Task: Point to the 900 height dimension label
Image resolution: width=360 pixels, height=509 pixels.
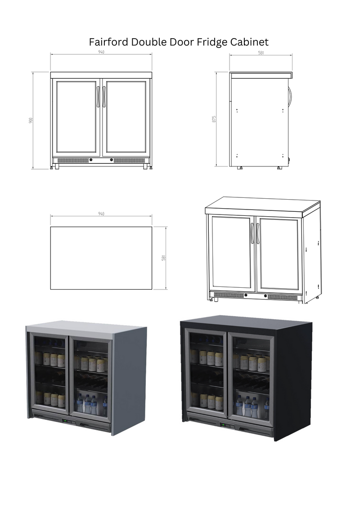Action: point(31,121)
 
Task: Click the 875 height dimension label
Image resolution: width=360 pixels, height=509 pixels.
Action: point(215,119)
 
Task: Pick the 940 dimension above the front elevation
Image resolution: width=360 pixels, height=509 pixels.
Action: point(101,52)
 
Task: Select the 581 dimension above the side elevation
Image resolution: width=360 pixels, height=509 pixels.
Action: point(261,53)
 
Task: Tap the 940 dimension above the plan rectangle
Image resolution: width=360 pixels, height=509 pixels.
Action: point(101,214)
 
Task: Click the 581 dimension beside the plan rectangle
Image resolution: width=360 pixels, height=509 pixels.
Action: point(164,258)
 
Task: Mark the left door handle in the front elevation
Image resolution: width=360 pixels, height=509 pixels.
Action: point(98,96)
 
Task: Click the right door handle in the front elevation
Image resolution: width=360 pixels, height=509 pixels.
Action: point(104,96)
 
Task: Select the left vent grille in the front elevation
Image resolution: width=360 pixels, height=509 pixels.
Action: point(71,160)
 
